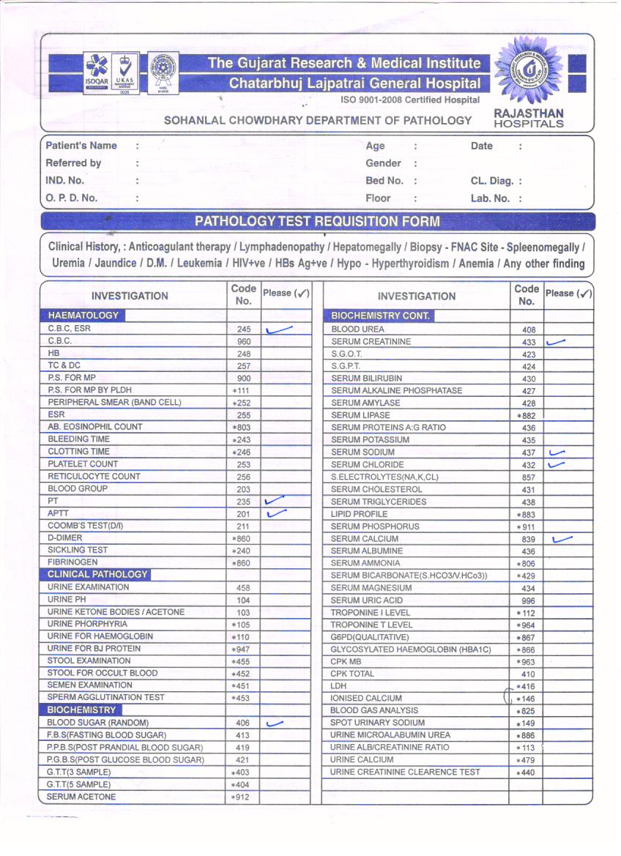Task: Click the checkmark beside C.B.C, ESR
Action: tap(279, 330)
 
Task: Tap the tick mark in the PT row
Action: tap(275, 502)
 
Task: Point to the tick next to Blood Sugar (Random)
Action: tap(275, 723)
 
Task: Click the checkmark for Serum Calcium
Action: tap(562, 540)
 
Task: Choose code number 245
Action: tap(244, 330)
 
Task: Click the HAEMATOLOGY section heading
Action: tap(83, 316)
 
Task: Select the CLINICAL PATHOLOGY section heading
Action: tap(97, 575)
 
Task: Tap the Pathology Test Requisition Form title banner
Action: tap(317, 221)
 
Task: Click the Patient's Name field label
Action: tap(81, 146)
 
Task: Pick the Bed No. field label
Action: tap(384, 180)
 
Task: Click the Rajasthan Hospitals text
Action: tap(529, 118)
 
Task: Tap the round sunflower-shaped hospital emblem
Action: tap(528, 72)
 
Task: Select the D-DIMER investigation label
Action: tap(65, 538)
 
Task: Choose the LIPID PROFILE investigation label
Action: tap(360, 514)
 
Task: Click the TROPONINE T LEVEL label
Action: tap(371, 625)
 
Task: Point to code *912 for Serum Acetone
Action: tap(241, 797)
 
